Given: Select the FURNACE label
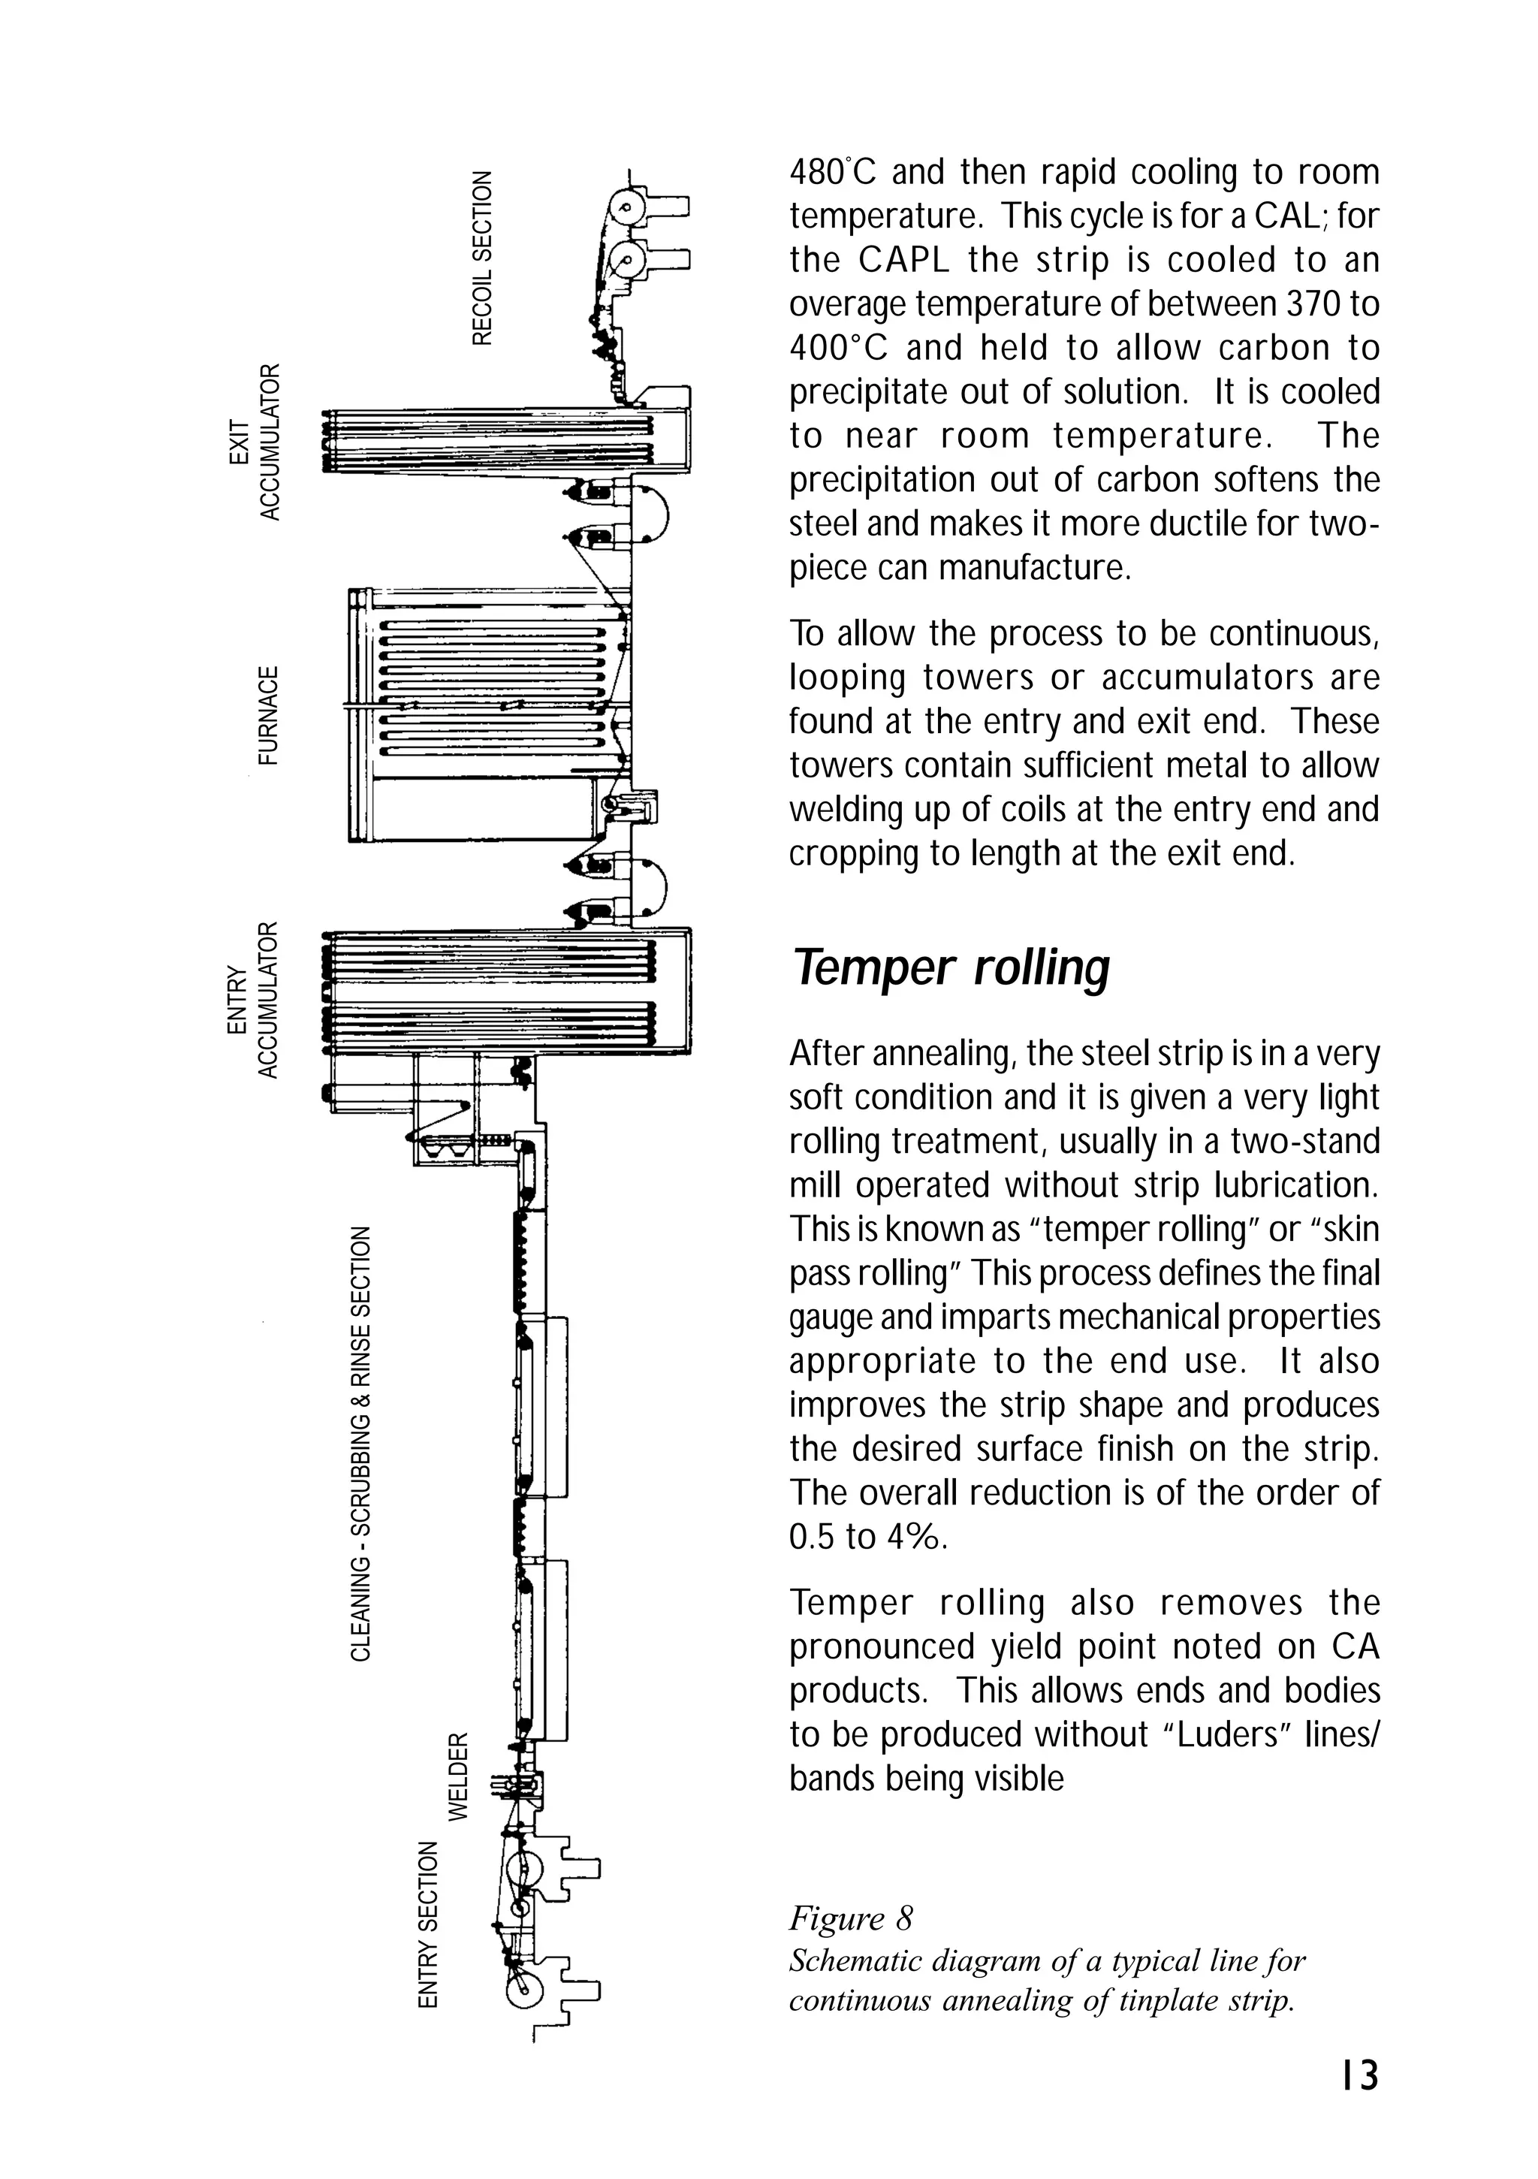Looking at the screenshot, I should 270,716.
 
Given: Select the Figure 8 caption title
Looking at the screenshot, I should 850,1918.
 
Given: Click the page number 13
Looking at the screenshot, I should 1359,2075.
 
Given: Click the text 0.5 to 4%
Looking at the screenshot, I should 867,1537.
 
